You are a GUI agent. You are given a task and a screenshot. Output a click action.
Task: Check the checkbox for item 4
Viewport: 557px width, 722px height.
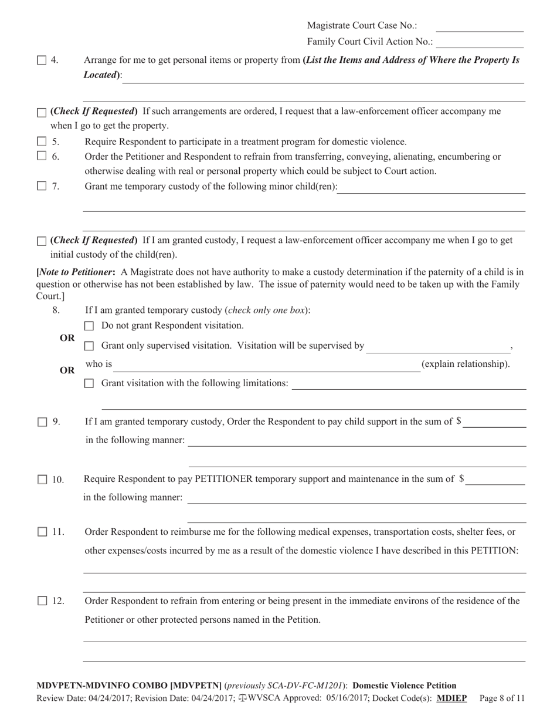click(42, 60)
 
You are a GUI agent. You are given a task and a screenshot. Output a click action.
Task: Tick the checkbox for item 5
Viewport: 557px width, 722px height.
click(42, 141)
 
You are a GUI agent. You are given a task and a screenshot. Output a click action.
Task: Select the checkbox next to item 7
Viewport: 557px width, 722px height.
click(42, 186)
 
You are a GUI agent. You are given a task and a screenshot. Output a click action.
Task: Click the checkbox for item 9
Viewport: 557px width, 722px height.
click(42, 421)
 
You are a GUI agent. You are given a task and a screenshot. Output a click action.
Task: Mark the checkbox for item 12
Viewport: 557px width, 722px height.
click(42, 600)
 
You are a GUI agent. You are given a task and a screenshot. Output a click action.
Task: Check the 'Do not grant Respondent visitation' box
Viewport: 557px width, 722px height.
click(89, 326)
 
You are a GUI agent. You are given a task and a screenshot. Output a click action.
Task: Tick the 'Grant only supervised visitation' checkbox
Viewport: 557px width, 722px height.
click(89, 346)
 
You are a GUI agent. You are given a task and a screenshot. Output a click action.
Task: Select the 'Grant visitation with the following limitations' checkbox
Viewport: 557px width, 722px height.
click(89, 383)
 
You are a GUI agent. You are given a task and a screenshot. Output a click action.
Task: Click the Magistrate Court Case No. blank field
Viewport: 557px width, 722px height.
click(480, 27)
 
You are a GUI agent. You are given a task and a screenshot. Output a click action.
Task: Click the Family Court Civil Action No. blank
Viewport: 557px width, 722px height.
click(480, 43)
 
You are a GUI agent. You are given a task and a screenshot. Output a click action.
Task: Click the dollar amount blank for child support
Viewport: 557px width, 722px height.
click(494, 423)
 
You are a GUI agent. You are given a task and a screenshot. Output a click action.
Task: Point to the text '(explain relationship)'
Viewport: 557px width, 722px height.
click(466, 364)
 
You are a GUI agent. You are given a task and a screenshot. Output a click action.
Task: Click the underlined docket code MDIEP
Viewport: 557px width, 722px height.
click(451, 698)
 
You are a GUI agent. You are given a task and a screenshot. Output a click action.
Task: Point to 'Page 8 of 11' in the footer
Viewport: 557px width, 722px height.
click(502, 698)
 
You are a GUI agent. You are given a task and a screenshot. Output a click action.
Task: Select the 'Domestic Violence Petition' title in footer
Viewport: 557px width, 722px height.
click(405, 685)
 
